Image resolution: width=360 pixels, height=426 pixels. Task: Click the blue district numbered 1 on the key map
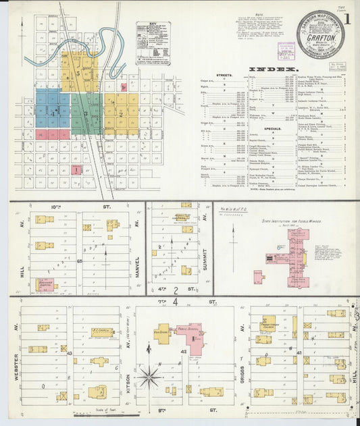click(x=52, y=113)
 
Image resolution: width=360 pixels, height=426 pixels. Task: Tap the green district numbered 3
click(x=86, y=112)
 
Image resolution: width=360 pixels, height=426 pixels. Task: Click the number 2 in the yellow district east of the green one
click(x=120, y=113)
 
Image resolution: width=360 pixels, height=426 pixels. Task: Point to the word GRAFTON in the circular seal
click(x=319, y=38)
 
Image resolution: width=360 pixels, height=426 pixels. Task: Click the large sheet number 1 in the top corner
click(x=346, y=18)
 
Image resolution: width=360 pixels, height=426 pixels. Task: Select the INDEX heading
click(x=273, y=69)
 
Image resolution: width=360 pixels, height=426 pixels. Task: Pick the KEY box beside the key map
click(x=153, y=42)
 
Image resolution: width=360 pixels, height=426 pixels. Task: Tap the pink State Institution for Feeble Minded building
click(x=294, y=257)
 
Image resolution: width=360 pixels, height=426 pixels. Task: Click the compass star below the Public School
click(x=149, y=375)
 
